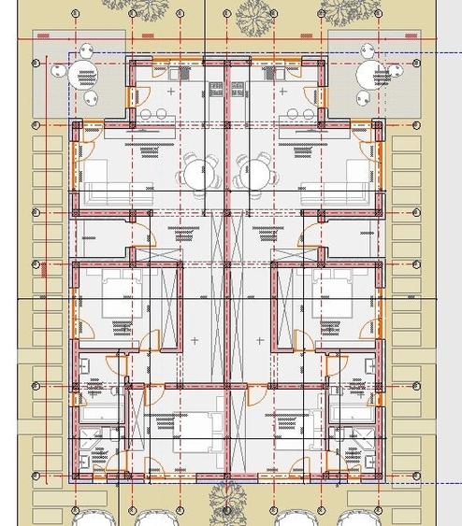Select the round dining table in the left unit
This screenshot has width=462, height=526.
tap(198, 174)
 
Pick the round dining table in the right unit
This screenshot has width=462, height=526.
tap(254, 174)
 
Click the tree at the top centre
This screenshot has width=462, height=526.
tap(251, 13)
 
